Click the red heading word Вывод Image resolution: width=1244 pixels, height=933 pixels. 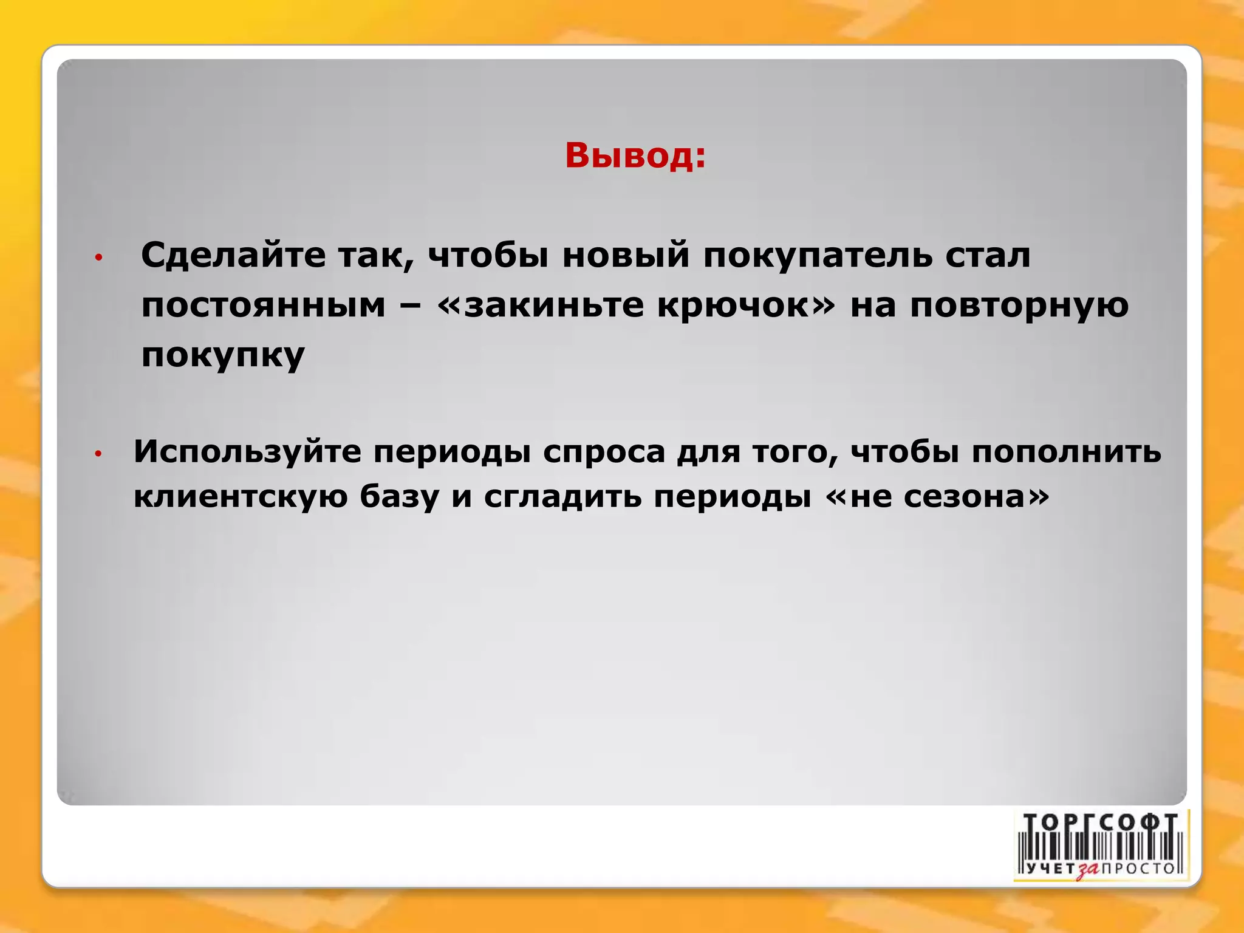click(635, 155)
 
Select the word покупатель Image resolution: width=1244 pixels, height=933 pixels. click(817, 255)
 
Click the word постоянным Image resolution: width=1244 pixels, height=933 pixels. click(263, 305)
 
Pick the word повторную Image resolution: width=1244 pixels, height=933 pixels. click(1019, 305)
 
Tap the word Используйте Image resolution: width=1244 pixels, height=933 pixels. click(247, 452)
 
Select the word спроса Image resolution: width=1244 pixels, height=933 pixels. click(604, 452)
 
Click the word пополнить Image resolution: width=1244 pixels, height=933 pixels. click(1067, 452)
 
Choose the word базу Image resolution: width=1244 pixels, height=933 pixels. click(399, 497)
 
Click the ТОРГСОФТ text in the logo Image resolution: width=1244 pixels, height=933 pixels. click(1101, 823)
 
